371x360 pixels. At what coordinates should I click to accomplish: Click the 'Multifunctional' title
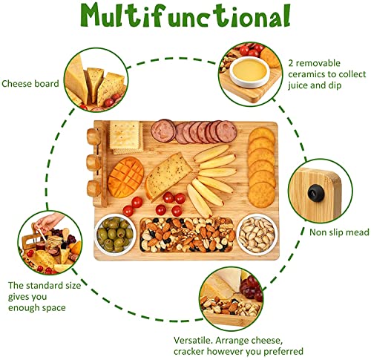pos(185,16)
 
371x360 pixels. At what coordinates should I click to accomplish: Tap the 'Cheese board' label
pos(30,84)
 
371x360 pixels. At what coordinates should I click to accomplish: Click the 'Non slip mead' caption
pos(339,232)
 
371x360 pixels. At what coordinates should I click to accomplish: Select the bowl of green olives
pos(115,234)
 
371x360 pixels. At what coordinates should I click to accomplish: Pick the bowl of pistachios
pos(257,234)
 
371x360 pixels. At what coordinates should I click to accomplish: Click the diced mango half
pos(126,177)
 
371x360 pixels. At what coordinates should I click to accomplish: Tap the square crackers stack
pos(126,137)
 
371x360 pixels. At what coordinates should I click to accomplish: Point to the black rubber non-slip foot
pos(316,194)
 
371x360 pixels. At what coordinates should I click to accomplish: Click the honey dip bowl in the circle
pos(249,72)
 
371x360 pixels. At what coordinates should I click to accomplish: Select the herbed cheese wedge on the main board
pos(168,176)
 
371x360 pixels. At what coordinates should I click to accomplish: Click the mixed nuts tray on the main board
pos(187,235)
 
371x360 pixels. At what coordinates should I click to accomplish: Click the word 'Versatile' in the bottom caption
pos(193,340)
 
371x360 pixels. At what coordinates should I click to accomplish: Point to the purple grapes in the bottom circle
pos(251,287)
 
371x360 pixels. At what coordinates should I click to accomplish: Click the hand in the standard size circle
pos(50,221)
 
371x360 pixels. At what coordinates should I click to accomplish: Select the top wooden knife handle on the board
pos(93,137)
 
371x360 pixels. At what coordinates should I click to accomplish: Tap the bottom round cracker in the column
pos(262,195)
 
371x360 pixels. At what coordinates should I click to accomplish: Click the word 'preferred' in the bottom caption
pos(283,351)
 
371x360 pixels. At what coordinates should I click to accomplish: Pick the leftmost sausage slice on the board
pos(163,131)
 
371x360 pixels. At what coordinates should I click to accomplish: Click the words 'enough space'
pos(37,308)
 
